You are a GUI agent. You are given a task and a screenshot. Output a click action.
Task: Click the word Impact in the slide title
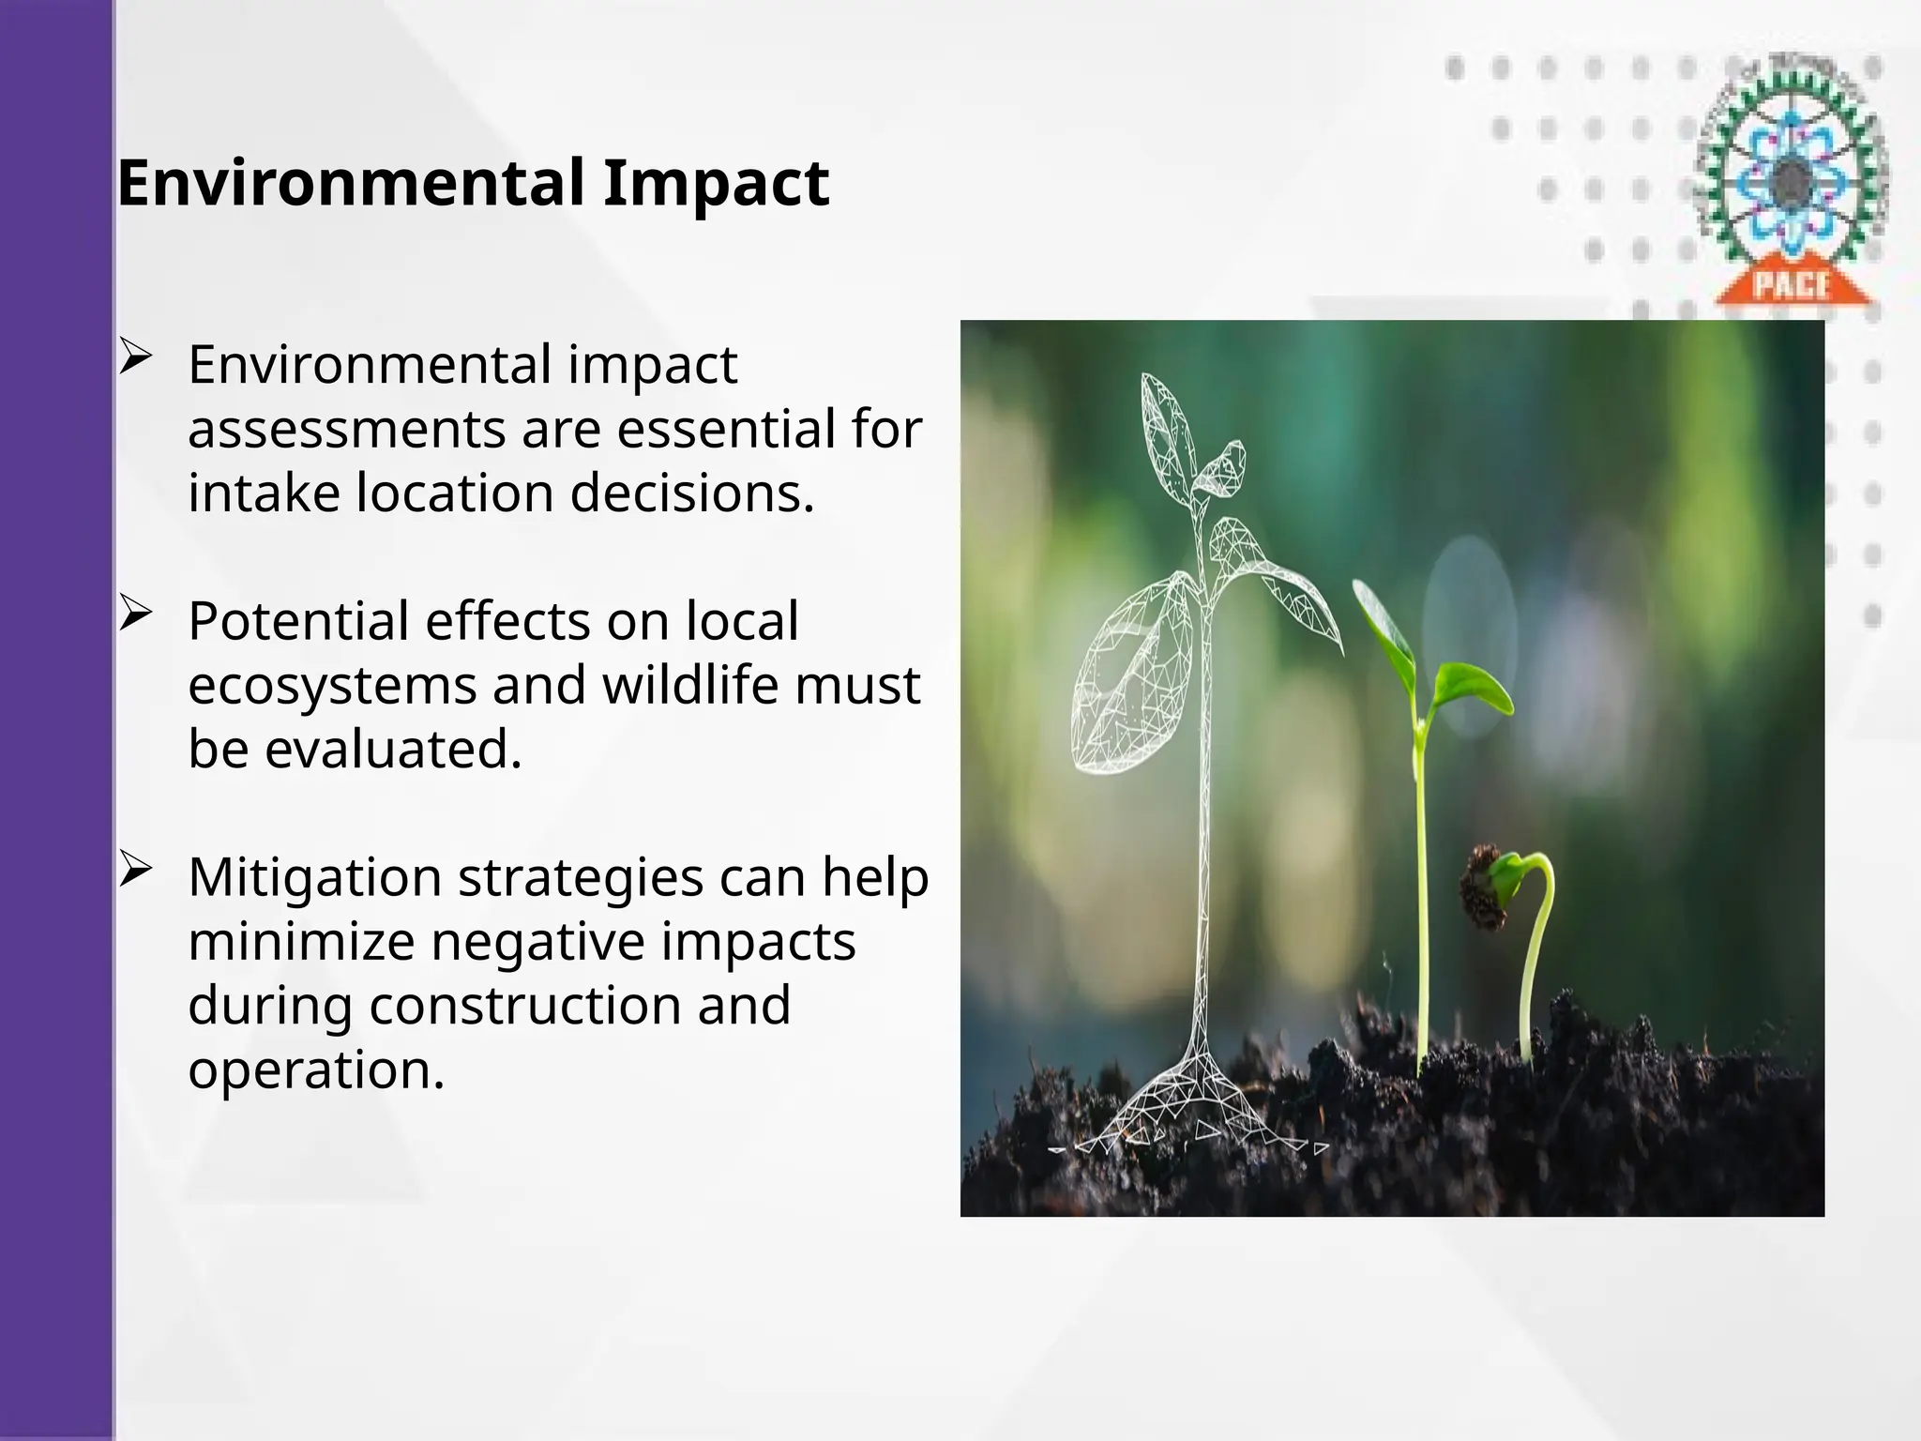click(x=716, y=183)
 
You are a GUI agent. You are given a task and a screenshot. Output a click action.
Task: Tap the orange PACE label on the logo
click(x=1792, y=284)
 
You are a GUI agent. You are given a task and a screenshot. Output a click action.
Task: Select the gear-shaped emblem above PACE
click(x=1792, y=174)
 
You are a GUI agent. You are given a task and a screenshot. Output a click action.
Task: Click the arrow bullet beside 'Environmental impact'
click(x=135, y=358)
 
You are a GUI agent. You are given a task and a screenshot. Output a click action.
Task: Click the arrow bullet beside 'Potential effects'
click(x=135, y=614)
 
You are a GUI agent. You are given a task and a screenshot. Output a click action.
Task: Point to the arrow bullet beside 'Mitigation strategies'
click(x=135, y=871)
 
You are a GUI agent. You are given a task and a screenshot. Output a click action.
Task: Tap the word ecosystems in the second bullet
click(x=332, y=686)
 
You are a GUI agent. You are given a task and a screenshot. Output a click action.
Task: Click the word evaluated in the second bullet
click(x=392, y=750)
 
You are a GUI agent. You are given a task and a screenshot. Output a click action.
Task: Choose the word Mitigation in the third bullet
click(x=314, y=878)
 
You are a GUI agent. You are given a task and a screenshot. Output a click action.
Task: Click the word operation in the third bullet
click(x=315, y=1069)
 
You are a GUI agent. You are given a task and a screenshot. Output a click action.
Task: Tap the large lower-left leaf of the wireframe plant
click(x=1130, y=675)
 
